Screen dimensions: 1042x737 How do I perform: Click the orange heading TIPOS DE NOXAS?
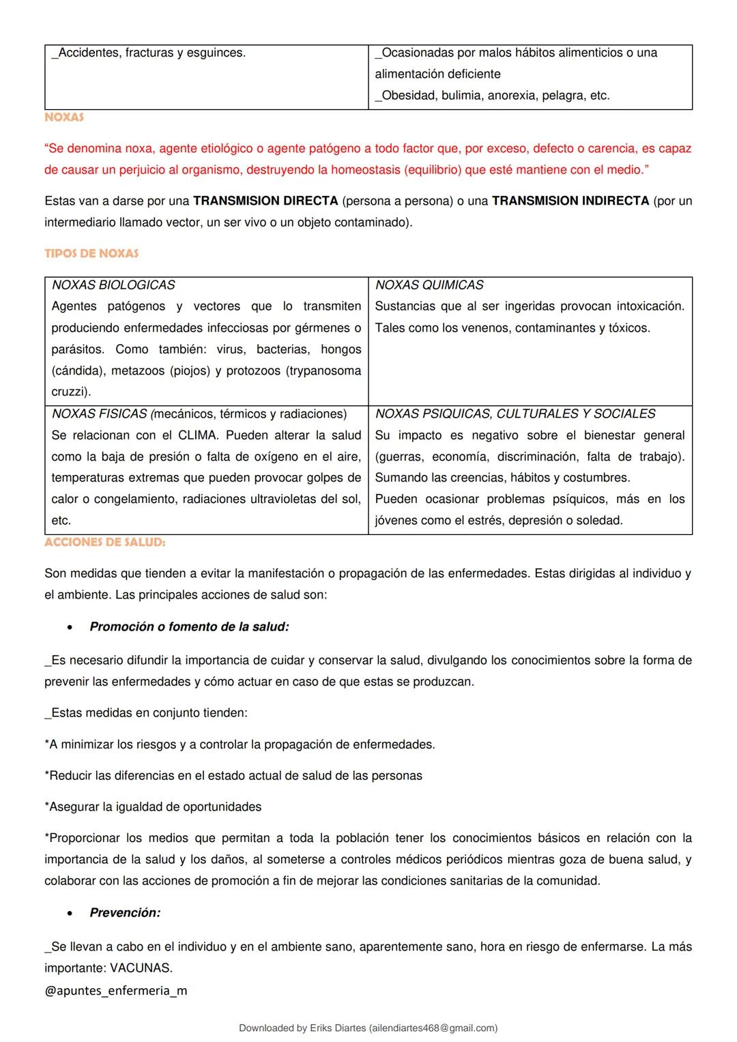click(x=91, y=253)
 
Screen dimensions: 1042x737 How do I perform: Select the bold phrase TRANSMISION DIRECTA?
click(x=265, y=201)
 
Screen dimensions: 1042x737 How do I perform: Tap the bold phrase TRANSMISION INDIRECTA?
click(x=570, y=201)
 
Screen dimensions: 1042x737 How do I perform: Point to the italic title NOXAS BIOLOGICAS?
click(x=113, y=285)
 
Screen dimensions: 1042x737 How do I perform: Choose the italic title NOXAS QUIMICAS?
click(x=429, y=285)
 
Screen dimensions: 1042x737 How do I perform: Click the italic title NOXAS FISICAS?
click(x=100, y=414)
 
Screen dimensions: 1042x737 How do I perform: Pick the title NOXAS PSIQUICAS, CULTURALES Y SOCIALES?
click(x=515, y=414)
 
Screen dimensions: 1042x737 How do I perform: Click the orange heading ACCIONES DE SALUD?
click(x=104, y=542)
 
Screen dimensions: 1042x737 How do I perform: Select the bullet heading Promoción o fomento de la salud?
click(x=189, y=626)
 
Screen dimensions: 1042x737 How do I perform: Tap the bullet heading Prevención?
click(x=125, y=913)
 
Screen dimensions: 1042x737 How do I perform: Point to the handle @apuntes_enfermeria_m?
click(x=116, y=991)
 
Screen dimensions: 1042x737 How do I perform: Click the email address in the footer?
click(x=431, y=1028)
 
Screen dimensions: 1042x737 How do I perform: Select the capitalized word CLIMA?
click(x=197, y=435)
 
